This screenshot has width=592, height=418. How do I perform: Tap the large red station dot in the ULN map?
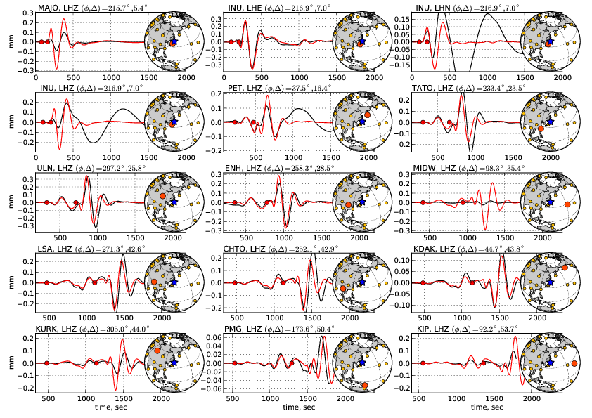point(162,195)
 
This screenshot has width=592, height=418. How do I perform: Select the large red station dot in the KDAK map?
point(563,268)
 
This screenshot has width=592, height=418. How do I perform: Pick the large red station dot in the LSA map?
point(154,282)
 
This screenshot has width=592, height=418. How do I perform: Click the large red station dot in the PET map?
point(367,115)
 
